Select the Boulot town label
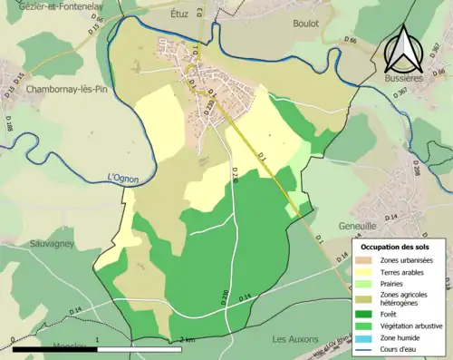pyautogui.click(x=305, y=24)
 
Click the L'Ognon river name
pyautogui.click(x=122, y=179)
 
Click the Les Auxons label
pyautogui.click(x=296, y=338)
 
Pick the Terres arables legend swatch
pyautogui.click(x=365, y=270)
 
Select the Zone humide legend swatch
pyautogui.click(x=365, y=336)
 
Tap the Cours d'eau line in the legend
pyautogui.click(x=365, y=346)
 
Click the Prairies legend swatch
pyautogui.click(x=365, y=281)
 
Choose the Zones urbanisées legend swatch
pyautogui.click(x=365, y=259)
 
